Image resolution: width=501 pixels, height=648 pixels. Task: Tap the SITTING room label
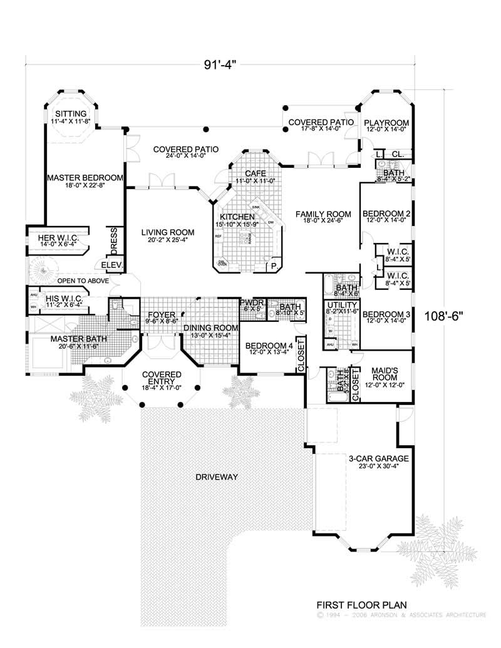[x=70, y=113]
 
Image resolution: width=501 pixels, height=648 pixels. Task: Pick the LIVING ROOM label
[x=166, y=232]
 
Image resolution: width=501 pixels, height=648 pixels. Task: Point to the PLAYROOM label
[x=386, y=122]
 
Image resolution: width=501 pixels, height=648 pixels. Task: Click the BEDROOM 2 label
[x=386, y=214]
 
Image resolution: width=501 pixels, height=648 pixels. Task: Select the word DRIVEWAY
[x=217, y=477]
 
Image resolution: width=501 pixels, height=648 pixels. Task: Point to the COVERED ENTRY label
[x=162, y=378]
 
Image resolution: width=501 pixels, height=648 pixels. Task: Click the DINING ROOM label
[x=210, y=328]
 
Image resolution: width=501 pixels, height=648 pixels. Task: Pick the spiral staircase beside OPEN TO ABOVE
[x=43, y=274]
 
